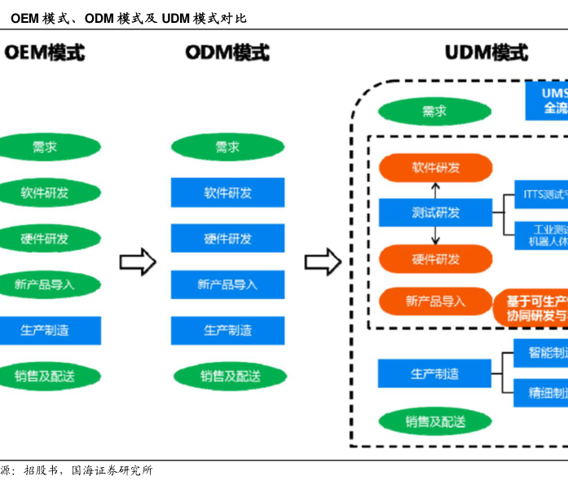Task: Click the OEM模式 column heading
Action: pyautogui.click(x=44, y=53)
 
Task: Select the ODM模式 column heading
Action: pyautogui.click(x=227, y=53)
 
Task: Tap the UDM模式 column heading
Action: pyautogui.click(x=487, y=53)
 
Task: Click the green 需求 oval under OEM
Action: pyautogui.click(x=45, y=148)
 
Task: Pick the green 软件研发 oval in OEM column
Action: pyautogui.click(x=45, y=193)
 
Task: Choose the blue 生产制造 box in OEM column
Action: pyautogui.click(x=45, y=330)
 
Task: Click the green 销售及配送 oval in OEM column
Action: pyautogui.click(x=45, y=376)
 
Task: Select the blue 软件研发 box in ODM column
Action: pyautogui.click(x=227, y=193)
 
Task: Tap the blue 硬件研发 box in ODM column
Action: pyautogui.click(x=227, y=239)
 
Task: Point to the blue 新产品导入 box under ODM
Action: pyautogui.click(x=227, y=284)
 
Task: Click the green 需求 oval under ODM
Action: pyautogui.click(x=227, y=148)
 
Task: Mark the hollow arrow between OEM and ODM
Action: pyautogui.click(x=137, y=262)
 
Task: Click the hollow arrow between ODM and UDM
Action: pyautogui.click(x=323, y=262)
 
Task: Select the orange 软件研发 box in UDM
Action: pyautogui.click(x=436, y=167)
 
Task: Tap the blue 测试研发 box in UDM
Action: pyautogui.click(x=436, y=213)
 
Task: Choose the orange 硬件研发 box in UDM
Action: pyautogui.click(x=436, y=259)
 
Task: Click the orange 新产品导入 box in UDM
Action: pyautogui.click(x=436, y=301)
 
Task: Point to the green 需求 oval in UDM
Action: pyautogui.click(x=434, y=112)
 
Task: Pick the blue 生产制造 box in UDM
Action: pyautogui.click(x=434, y=373)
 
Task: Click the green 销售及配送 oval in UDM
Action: pyautogui.click(x=436, y=421)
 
